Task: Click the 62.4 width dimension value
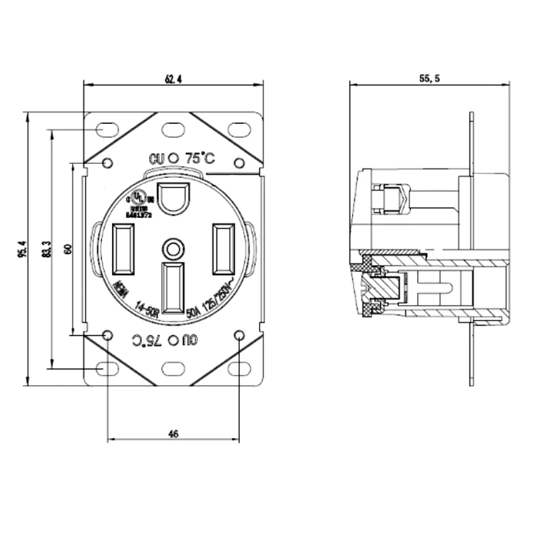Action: pos(173,79)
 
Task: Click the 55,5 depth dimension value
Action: pos(429,79)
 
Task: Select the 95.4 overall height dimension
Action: pos(19,249)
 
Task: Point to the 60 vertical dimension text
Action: pos(67,248)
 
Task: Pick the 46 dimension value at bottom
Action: pos(173,434)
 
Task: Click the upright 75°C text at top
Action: pos(200,158)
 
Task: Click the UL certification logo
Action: pos(139,198)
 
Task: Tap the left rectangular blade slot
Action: pos(124,249)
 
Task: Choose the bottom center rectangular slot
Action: pos(173,288)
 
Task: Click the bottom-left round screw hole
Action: pos(108,334)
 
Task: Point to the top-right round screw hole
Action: pos(239,163)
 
